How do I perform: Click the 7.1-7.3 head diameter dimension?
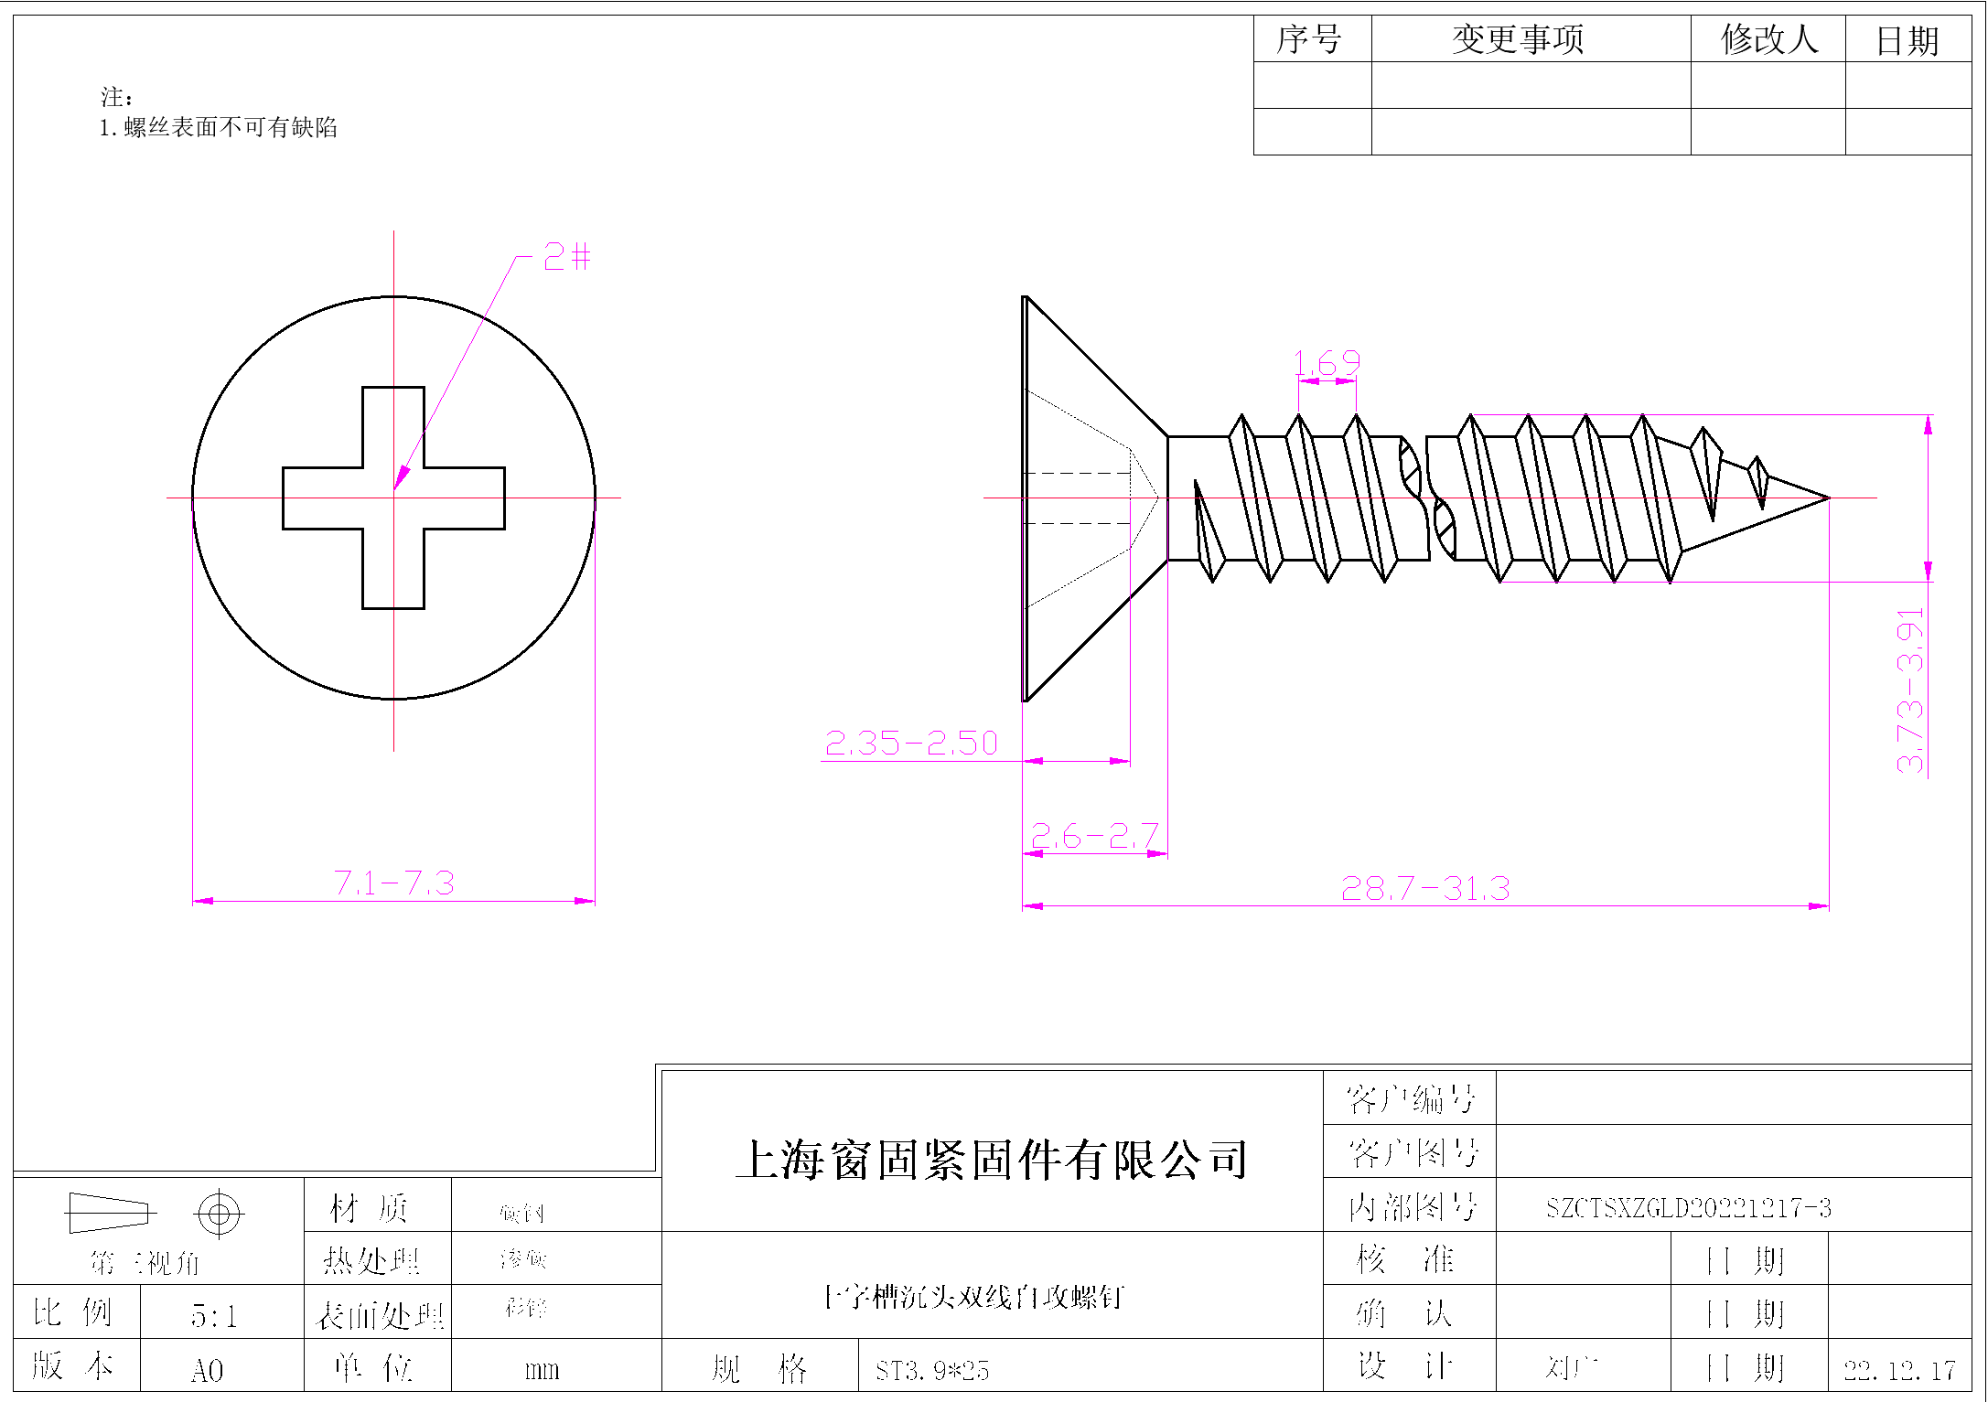[x=393, y=883]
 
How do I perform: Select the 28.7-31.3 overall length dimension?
[x=1424, y=888]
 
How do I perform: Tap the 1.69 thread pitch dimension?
[x=1327, y=363]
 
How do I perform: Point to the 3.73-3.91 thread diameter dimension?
[x=1910, y=690]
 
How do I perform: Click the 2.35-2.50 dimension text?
[x=910, y=743]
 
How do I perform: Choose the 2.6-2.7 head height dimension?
[x=1094, y=836]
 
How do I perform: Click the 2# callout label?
[x=566, y=256]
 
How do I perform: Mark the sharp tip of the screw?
[x=1828, y=498]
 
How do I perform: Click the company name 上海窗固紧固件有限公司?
[x=992, y=1160]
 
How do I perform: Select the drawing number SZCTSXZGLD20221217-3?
[x=1688, y=1208]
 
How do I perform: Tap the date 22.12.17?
[x=1899, y=1370]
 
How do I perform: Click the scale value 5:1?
[x=214, y=1316]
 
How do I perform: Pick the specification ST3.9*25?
[x=931, y=1370]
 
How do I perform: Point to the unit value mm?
[x=542, y=1370]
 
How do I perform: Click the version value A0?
[x=207, y=1370]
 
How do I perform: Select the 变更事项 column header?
[x=1517, y=39]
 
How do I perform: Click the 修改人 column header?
[x=1768, y=39]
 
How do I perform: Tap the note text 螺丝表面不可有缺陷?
[x=230, y=127]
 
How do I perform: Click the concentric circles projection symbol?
[x=219, y=1214]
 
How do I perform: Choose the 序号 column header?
[x=1309, y=39]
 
